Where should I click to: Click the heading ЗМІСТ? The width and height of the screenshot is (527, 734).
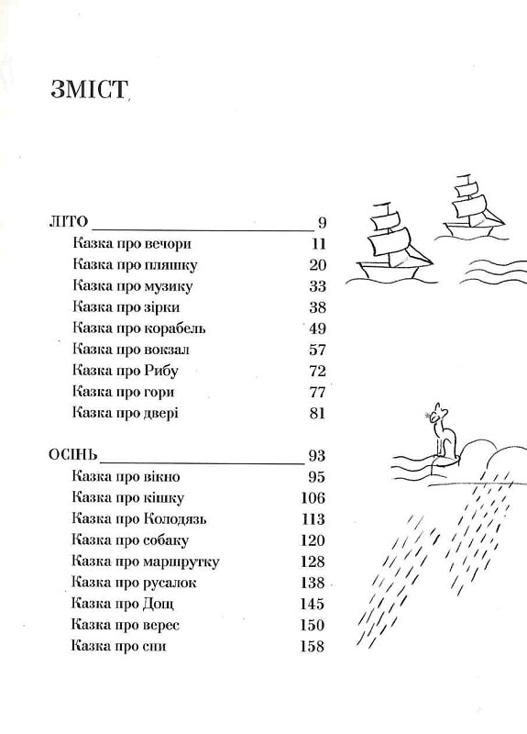click(89, 89)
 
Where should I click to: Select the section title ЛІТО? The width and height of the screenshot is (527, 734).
click(68, 221)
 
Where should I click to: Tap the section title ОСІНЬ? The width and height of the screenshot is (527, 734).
click(73, 454)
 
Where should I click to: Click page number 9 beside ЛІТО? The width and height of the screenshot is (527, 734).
click(322, 222)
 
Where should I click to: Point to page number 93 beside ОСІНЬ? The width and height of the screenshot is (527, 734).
click(316, 455)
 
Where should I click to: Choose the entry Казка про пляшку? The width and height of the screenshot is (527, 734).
click(135, 264)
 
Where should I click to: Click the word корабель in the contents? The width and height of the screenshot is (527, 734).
click(175, 328)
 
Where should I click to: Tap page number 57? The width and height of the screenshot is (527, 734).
click(317, 350)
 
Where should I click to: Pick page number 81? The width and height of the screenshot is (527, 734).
click(317, 414)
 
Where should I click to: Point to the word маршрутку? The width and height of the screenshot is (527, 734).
click(181, 562)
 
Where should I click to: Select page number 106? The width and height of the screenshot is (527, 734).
click(313, 497)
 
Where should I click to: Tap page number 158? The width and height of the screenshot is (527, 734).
click(313, 647)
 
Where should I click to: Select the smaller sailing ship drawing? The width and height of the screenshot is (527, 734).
click(473, 208)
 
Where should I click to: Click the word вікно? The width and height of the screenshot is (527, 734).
click(162, 476)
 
